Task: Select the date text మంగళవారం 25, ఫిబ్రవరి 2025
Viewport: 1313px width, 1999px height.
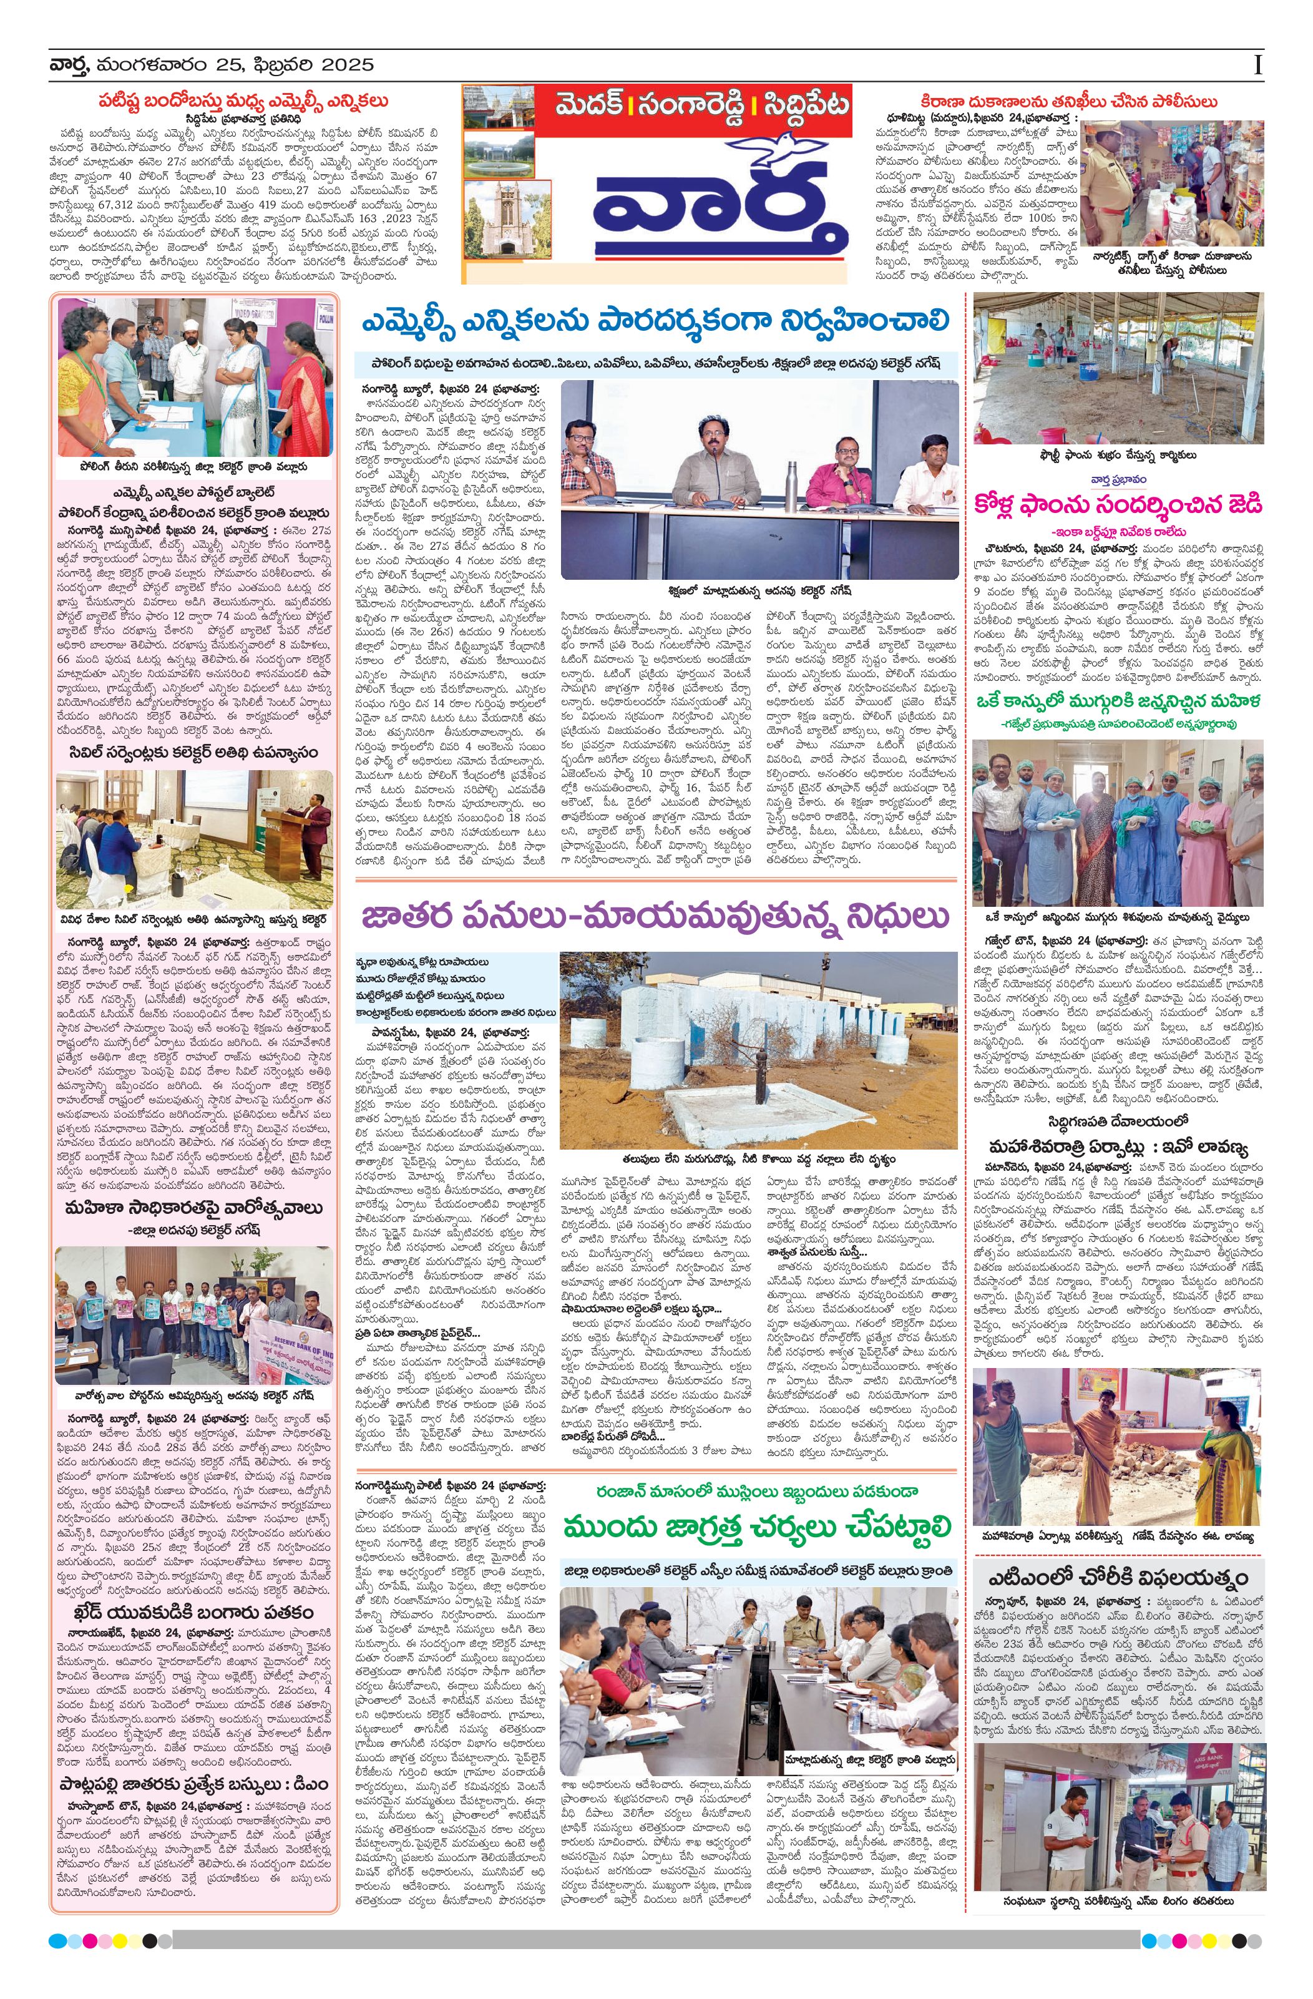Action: (x=235, y=66)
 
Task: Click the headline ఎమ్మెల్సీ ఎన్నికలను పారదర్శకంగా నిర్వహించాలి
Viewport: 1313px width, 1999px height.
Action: (x=655, y=321)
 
